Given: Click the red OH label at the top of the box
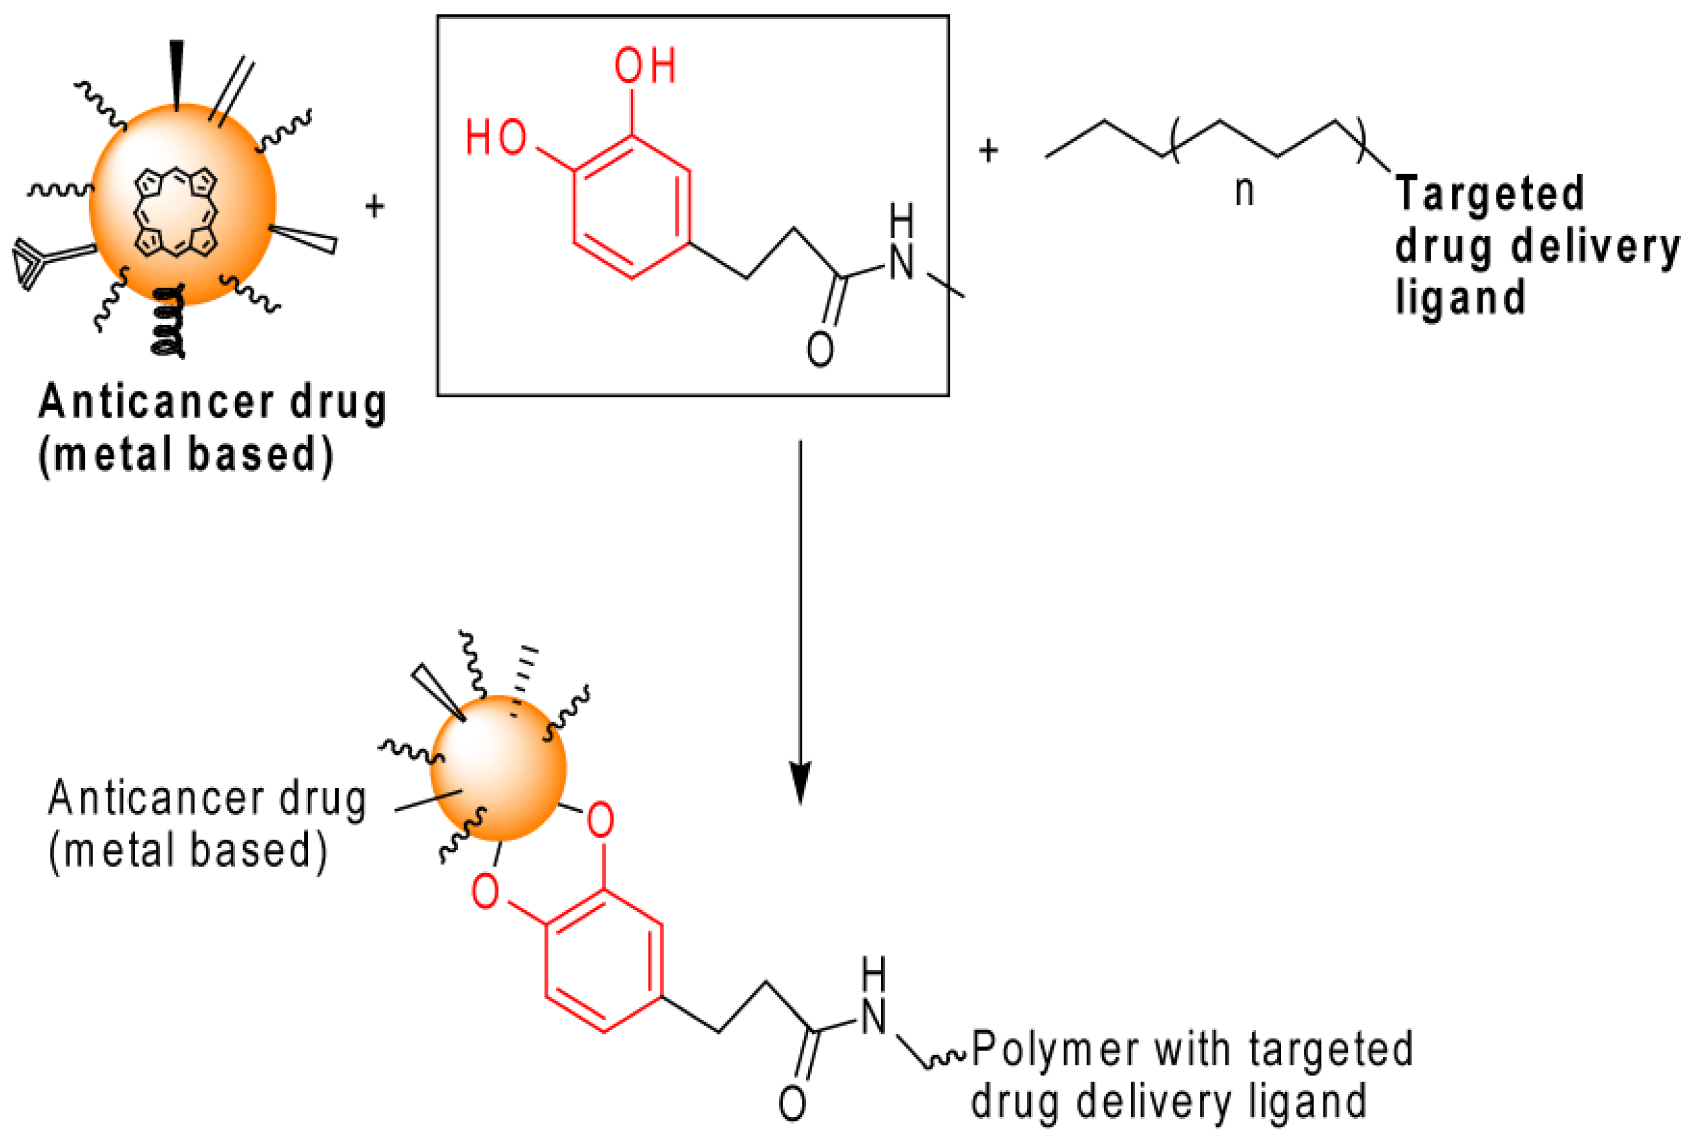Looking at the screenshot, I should point(645,66).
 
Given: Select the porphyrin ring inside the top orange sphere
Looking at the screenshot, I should point(176,212).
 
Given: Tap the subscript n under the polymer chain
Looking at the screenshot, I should point(1244,192).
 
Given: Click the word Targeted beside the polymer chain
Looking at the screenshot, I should point(1489,194).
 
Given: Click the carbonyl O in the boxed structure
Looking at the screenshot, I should point(820,349).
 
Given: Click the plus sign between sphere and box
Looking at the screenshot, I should point(375,206).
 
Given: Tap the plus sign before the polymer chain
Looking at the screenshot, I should point(988,151).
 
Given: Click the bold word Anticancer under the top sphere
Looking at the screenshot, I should point(156,403).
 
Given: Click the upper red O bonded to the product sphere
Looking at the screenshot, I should point(599,820).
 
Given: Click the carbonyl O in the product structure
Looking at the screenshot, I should point(792,1104).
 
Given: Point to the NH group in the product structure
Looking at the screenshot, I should point(872,998).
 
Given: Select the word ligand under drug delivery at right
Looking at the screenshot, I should point(1460,297).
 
